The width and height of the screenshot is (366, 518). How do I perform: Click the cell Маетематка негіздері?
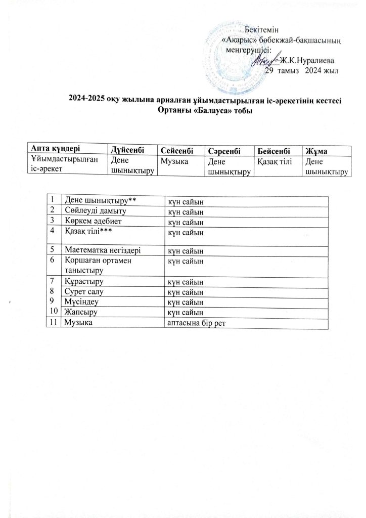point(102,249)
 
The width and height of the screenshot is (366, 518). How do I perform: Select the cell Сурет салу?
point(83,292)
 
